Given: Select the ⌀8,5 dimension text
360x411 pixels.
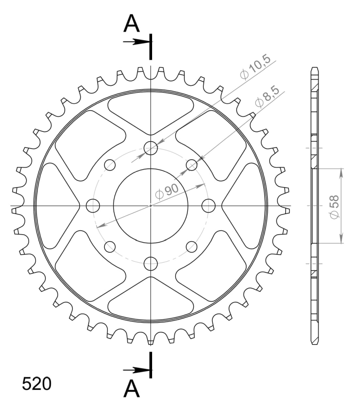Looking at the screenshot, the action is coord(267,96).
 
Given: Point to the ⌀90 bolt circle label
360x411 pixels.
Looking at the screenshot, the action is coord(167,192).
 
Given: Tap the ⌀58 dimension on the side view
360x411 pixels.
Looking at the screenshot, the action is coord(334,206).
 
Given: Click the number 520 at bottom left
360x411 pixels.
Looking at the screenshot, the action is coord(36,384).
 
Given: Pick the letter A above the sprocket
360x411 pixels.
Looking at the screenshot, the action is coord(131,23).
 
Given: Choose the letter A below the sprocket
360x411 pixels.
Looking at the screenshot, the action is coord(131,389).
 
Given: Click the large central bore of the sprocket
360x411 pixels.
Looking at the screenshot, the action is coord(151,206).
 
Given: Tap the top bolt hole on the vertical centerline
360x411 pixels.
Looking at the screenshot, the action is coord(151,148).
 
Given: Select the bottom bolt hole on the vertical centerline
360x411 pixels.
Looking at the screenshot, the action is coord(151,264).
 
